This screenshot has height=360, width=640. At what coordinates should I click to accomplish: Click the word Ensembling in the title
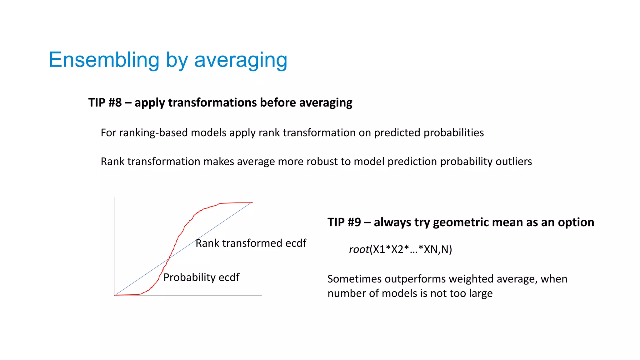104,60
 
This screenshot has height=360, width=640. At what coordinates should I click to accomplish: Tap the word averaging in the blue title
240,60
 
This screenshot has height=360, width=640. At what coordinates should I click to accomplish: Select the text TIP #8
105,102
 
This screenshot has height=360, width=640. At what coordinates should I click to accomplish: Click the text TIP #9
344,222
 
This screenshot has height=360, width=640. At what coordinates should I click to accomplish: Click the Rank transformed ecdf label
251,243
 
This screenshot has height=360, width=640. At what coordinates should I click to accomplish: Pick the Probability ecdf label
201,277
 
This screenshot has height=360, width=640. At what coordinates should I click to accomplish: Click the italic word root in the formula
359,249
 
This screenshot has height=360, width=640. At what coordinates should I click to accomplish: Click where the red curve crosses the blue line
169,258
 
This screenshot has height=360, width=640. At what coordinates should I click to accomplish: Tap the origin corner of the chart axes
114,295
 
